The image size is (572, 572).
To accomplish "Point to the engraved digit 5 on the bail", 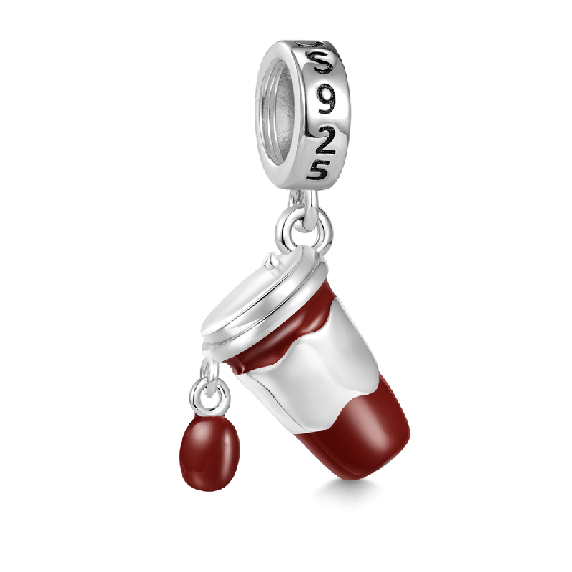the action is tap(317, 169).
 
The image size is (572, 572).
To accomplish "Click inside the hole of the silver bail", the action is tap(279, 109).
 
